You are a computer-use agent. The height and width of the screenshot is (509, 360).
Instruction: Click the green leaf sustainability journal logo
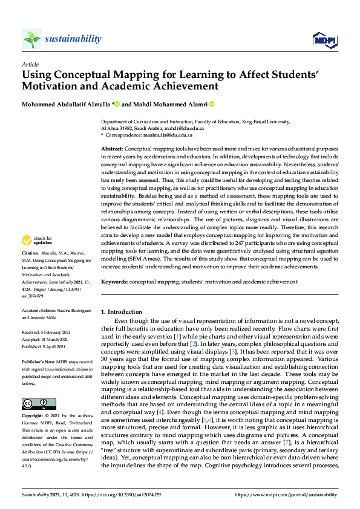pos(31,39)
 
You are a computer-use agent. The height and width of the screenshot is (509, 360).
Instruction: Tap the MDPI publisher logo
pos(324,40)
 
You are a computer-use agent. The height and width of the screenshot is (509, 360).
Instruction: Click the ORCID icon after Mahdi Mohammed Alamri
pos(212,104)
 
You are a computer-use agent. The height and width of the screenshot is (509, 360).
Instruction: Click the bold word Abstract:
pos(112,148)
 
